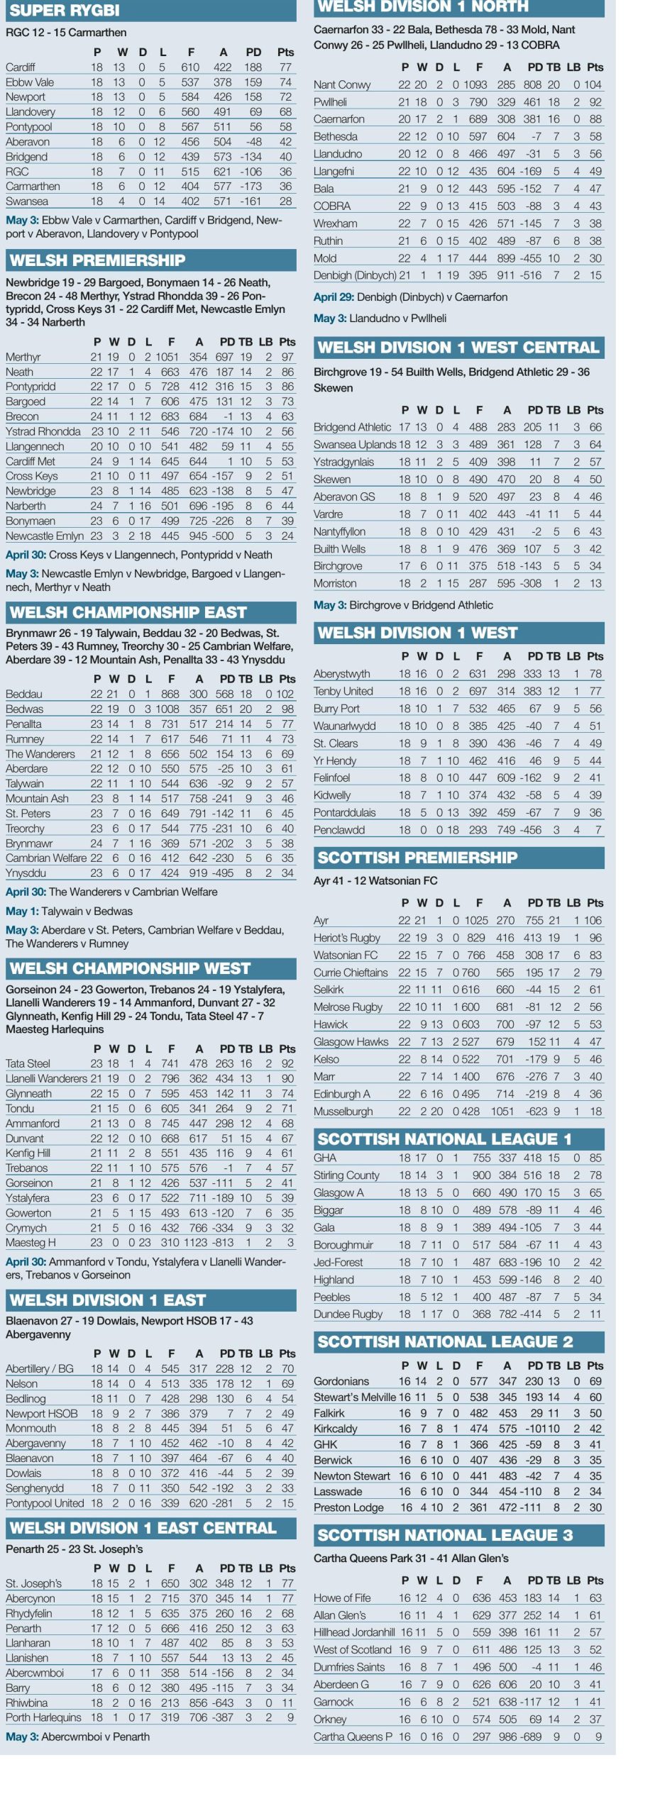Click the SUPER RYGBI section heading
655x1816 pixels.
point(64,10)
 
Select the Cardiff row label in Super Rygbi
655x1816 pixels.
point(21,67)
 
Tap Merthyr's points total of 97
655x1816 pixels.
point(287,357)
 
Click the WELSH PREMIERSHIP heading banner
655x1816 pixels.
point(97,260)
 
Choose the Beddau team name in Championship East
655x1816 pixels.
point(24,694)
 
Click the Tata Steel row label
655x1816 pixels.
point(28,1063)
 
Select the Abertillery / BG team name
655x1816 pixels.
point(40,1368)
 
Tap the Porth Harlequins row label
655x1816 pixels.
point(43,1717)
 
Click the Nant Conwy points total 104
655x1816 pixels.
point(593,84)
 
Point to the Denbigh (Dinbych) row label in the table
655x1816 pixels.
point(355,275)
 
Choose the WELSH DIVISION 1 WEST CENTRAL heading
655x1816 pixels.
point(458,348)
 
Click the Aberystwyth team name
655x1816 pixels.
point(342,674)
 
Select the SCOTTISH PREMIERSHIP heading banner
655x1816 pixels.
point(417,858)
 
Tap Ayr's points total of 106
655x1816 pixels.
point(593,920)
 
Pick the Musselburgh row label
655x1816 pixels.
point(343,1112)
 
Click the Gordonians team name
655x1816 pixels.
point(341,1381)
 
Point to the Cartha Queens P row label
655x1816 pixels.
point(353,1737)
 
